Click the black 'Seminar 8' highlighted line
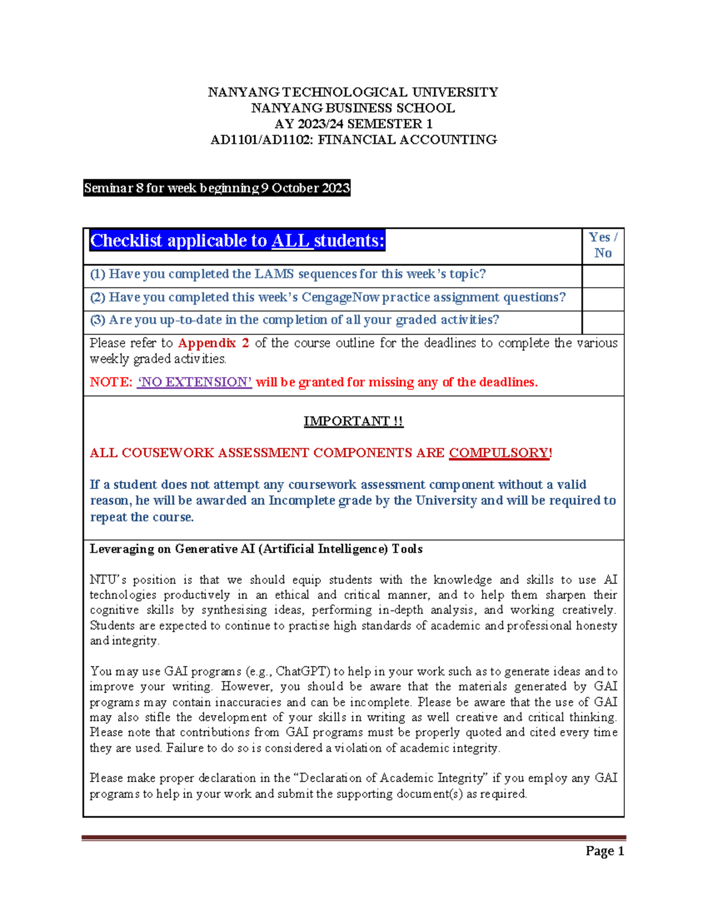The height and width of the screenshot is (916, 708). pyautogui.click(x=217, y=188)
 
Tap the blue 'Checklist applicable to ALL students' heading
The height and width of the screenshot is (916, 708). pyautogui.click(x=237, y=241)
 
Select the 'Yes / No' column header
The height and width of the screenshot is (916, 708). pyautogui.click(x=602, y=245)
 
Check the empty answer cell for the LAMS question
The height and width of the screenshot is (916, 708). pyautogui.click(x=602, y=275)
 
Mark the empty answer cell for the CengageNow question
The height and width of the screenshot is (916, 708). pyautogui.click(x=602, y=299)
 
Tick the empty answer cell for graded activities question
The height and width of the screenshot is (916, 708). pyautogui.click(x=602, y=322)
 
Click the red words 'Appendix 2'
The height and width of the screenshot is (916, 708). pyautogui.click(x=214, y=343)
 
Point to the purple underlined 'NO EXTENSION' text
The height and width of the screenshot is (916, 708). pyautogui.click(x=195, y=382)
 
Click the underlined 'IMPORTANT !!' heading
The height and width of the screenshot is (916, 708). pyautogui.click(x=353, y=421)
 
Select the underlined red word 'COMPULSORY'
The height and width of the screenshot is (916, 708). pyautogui.click(x=499, y=453)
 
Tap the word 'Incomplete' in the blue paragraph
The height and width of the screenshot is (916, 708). pyautogui.click(x=301, y=501)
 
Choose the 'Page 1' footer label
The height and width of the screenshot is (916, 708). pyautogui.click(x=604, y=851)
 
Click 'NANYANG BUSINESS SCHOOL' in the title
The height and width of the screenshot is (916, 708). pyautogui.click(x=353, y=108)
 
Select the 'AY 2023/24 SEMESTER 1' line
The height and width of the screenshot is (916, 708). pyautogui.click(x=353, y=124)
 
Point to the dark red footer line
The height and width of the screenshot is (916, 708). pyautogui.click(x=353, y=838)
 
